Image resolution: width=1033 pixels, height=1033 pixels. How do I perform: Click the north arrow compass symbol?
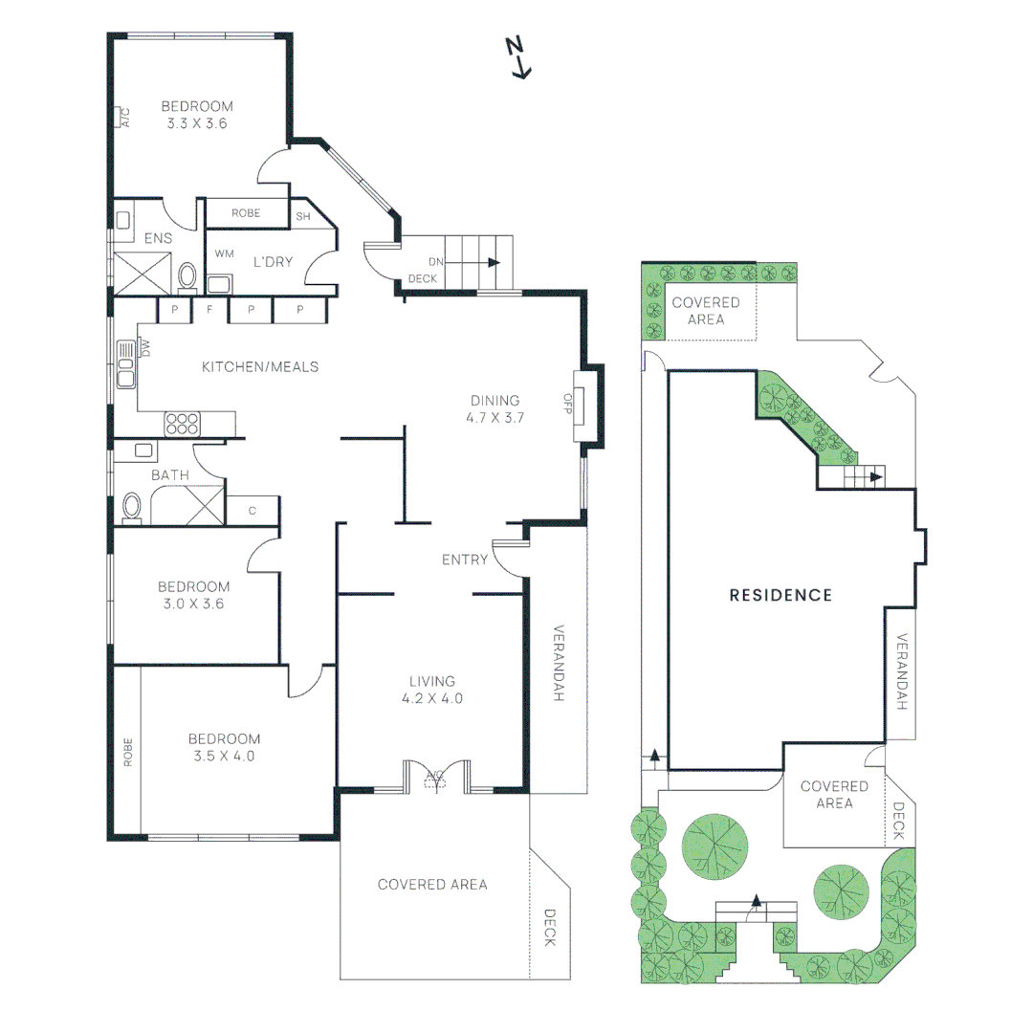518,58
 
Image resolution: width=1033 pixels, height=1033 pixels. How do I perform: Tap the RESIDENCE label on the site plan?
780,596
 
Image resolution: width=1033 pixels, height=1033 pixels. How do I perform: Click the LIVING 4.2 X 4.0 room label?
432,690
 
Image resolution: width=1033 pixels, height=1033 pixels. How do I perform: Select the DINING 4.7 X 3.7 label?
495,408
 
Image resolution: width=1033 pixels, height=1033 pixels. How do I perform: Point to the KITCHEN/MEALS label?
260,367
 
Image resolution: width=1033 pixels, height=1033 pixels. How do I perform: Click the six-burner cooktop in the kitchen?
182,424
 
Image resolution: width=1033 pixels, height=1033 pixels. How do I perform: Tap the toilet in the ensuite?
187,276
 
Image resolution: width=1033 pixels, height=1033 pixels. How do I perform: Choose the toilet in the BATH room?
132,508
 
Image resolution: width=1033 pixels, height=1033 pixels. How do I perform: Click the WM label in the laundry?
224,253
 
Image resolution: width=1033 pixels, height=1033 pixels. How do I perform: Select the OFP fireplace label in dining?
568,404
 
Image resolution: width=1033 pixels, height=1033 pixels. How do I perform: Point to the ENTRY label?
465,560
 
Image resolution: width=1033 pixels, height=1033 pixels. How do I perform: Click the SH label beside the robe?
303,216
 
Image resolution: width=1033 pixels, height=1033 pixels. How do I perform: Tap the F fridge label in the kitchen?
209,308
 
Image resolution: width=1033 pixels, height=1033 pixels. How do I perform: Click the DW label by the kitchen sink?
145,348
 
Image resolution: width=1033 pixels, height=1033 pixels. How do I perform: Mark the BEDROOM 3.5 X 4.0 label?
224,747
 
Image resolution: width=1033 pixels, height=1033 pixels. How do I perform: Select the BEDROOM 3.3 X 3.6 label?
197,115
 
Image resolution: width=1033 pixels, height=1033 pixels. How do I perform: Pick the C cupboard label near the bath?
253,511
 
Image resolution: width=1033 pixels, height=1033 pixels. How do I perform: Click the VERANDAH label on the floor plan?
558,663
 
